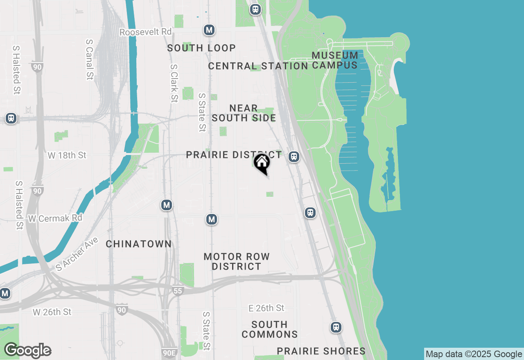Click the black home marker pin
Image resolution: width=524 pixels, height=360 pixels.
262,164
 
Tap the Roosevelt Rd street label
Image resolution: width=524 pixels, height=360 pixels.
146,32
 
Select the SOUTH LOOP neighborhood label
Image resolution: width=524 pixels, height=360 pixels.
201,48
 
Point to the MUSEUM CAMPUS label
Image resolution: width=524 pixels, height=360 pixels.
335,60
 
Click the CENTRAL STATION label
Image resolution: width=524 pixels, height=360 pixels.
258,66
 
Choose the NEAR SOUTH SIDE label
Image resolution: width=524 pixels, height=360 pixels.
244,113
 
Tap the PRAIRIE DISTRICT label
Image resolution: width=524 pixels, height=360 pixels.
234,155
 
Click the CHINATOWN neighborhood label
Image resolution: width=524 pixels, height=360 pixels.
139,244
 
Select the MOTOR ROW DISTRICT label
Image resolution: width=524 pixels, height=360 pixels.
237,261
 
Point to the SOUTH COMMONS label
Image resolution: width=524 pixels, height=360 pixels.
269,329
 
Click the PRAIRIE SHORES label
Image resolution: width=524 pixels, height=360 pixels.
321,351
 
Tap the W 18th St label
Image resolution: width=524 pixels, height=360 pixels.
67,155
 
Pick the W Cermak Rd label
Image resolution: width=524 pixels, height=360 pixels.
55,218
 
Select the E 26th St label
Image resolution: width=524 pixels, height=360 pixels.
267,308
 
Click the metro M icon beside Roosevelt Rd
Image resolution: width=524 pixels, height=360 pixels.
209,30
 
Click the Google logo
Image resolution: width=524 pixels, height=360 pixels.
27,351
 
